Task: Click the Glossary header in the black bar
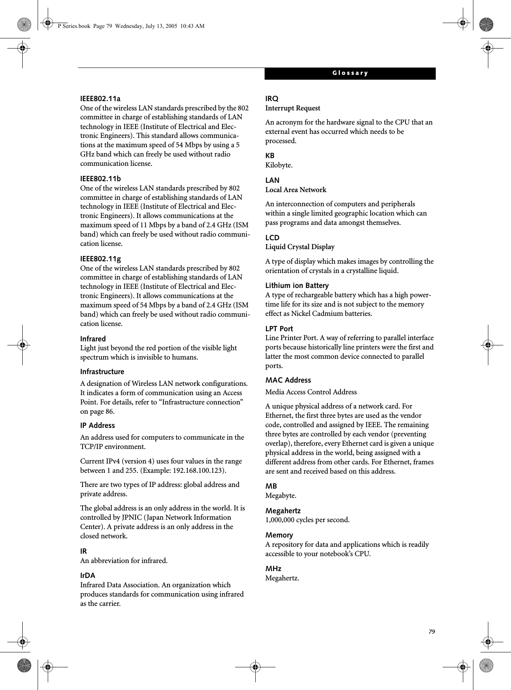coord(350,73)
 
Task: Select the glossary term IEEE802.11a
coord(100,99)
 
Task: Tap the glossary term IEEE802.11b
coord(100,179)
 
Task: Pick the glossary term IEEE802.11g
coord(100,259)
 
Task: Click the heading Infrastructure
coord(102,372)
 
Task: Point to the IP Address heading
coord(98,425)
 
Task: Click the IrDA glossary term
coord(88,576)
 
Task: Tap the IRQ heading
coord(272,99)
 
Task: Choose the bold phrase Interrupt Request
coord(293,108)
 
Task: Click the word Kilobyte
coord(278,165)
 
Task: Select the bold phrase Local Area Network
coord(296,190)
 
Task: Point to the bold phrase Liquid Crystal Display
coord(300,247)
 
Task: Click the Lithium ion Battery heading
coord(297,286)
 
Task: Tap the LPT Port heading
coord(279,329)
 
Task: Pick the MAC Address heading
coord(288,380)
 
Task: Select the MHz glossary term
coord(273,569)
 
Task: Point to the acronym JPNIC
coord(133,518)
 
